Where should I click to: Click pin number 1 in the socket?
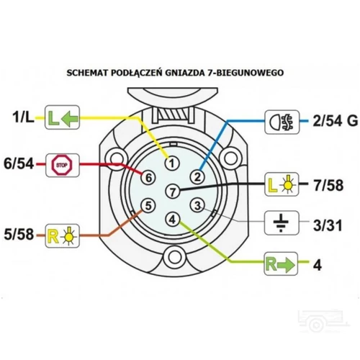(x=172, y=163)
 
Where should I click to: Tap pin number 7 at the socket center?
(x=173, y=192)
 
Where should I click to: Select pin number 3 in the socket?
(x=197, y=205)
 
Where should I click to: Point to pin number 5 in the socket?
(x=148, y=206)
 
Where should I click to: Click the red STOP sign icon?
(x=62, y=165)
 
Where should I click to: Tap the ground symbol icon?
(x=282, y=222)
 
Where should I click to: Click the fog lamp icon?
(x=282, y=122)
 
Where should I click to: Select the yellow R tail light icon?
(x=62, y=236)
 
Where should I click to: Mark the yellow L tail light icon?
(x=282, y=184)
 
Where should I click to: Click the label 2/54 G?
(x=336, y=121)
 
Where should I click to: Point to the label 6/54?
(x=19, y=164)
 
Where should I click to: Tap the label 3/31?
(x=328, y=225)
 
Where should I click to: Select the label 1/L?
(x=23, y=117)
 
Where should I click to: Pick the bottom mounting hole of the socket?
(x=174, y=257)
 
